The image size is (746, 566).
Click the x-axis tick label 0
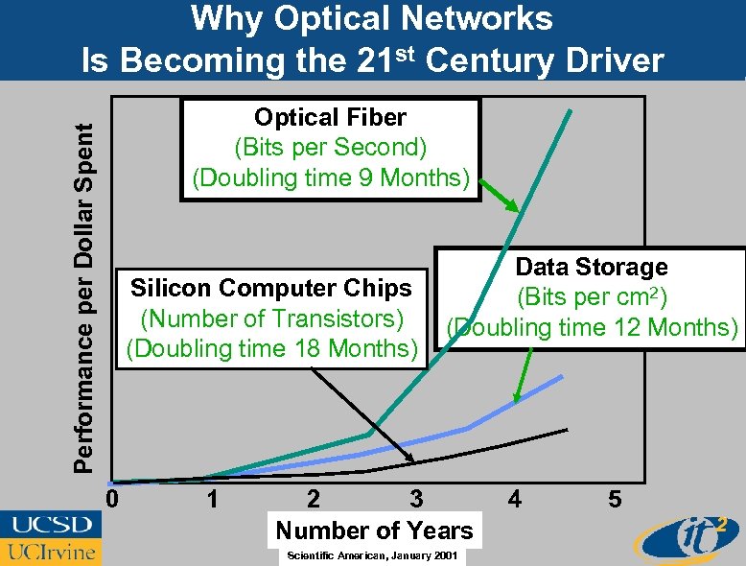click(x=112, y=500)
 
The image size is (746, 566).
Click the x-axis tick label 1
click(x=213, y=500)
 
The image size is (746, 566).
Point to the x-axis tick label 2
click(x=314, y=500)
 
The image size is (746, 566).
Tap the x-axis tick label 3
click(x=415, y=500)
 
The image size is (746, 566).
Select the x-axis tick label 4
click(x=515, y=500)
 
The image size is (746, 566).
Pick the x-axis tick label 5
click(x=616, y=500)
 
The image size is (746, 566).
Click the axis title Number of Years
click(x=374, y=531)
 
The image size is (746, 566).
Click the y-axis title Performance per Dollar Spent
click(x=86, y=288)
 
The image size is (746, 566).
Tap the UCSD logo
click(x=52, y=525)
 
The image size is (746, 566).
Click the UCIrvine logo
click(x=50, y=551)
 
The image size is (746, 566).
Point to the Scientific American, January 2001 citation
click(x=365, y=556)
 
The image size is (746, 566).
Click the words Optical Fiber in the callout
click(x=330, y=118)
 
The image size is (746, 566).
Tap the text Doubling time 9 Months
click(x=331, y=178)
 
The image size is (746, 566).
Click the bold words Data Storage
click(x=592, y=268)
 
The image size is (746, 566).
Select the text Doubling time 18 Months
click(x=268, y=347)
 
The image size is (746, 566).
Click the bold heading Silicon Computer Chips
click(x=270, y=288)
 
